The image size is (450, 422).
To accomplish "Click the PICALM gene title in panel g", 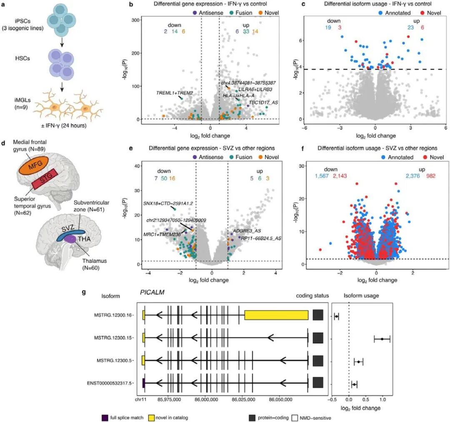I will [152, 292].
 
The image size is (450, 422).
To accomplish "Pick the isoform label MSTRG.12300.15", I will [113, 339].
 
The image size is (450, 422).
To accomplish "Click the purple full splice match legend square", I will [105, 417].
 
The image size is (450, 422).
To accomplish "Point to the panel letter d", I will [4, 144].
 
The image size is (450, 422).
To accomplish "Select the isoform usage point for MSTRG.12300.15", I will [382, 339].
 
